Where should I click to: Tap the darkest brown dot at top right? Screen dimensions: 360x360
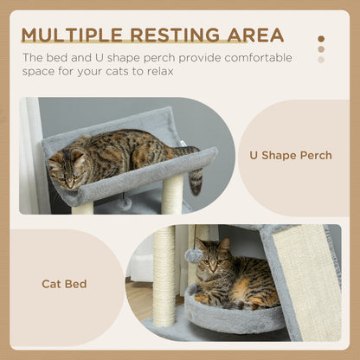pos(321,38)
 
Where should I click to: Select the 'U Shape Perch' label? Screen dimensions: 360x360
pos(290,155)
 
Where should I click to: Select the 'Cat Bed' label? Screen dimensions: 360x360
pos(63,283)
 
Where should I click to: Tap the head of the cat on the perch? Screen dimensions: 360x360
pos(66,166)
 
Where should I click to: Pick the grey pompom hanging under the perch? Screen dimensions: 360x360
pos(125,202)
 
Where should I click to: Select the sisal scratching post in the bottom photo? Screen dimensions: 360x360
pos(164,277)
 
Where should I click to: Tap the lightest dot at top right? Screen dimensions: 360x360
pos(321,60)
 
